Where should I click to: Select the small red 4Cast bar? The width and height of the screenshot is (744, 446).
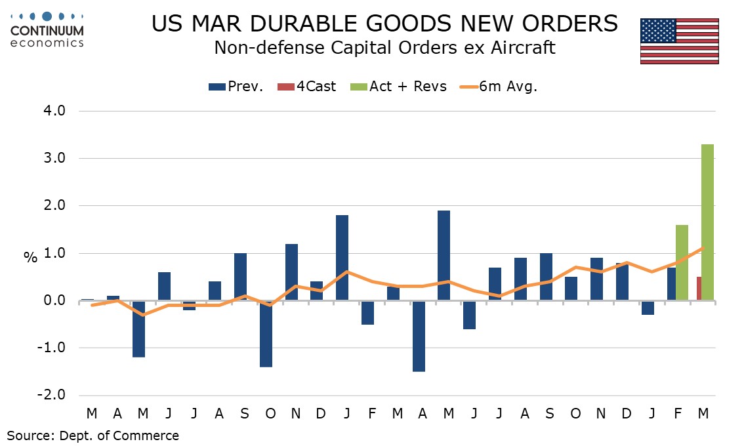point(698,289)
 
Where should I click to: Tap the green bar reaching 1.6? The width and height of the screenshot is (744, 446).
point(681,262)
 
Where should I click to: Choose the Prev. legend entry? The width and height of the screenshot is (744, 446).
point(236,87)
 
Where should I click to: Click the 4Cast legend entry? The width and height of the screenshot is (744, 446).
point(308,87)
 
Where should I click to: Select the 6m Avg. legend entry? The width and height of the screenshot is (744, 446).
point(497,87)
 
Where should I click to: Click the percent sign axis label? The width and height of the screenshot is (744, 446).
point(31,258)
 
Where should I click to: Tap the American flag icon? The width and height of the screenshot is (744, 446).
point(679,41)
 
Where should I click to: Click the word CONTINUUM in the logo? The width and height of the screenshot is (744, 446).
point(47,31)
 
